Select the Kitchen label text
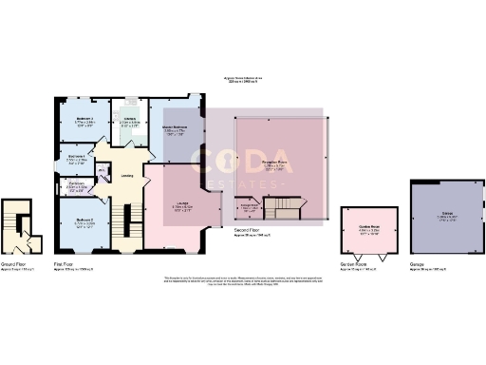pyautogui.click(x=131, y=119)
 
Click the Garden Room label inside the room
pyautogui.click(x=364, y=226)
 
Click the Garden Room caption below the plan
pyautogui.click(x=353, y=263)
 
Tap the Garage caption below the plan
pyautogui.click(x=418, y=263)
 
